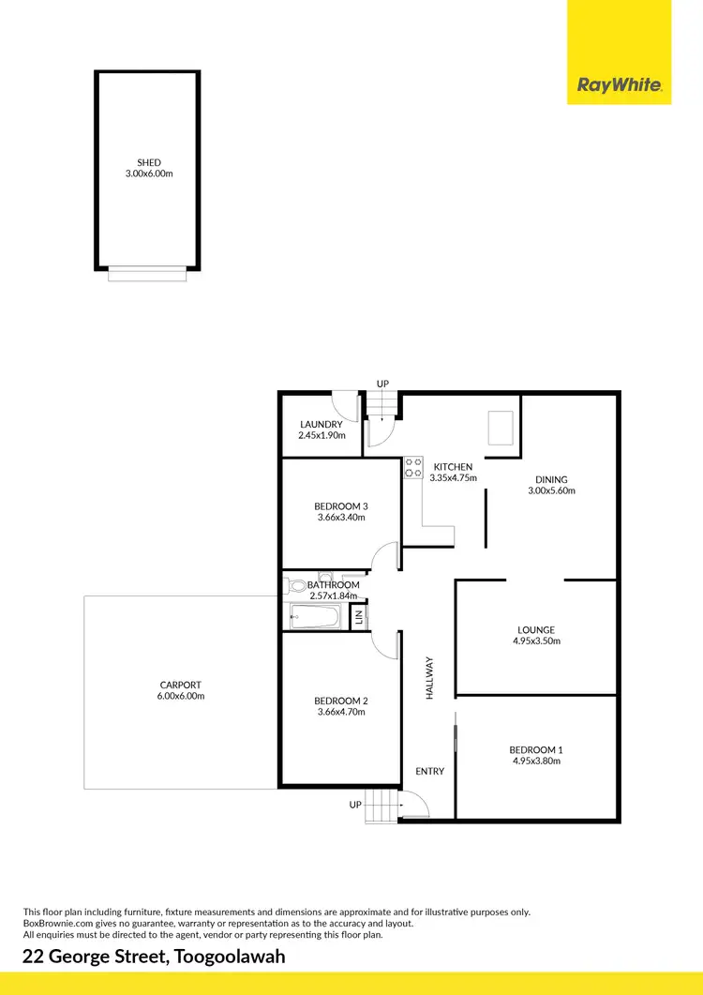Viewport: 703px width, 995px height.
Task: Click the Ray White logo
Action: (620, 86)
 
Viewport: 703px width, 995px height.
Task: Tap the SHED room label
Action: (149, 163)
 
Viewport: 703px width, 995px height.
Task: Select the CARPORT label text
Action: (182, 685)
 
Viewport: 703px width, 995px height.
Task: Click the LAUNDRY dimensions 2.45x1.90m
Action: (322, 435)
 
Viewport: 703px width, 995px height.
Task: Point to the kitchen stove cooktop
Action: (412, 468)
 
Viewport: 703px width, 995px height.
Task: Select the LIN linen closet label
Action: (357, 618)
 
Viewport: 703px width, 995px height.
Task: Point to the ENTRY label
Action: (430, 771)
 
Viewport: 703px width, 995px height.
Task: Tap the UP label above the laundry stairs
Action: (382, 384)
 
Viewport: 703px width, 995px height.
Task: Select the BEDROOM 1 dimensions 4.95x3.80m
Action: (535, 761)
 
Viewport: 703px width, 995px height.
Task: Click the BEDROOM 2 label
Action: (340, 701)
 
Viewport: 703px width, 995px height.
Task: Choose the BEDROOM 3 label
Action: (340, 506)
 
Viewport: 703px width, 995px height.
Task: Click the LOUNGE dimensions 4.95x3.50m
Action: (536, 641)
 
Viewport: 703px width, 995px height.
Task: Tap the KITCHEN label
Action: (453, 466)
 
